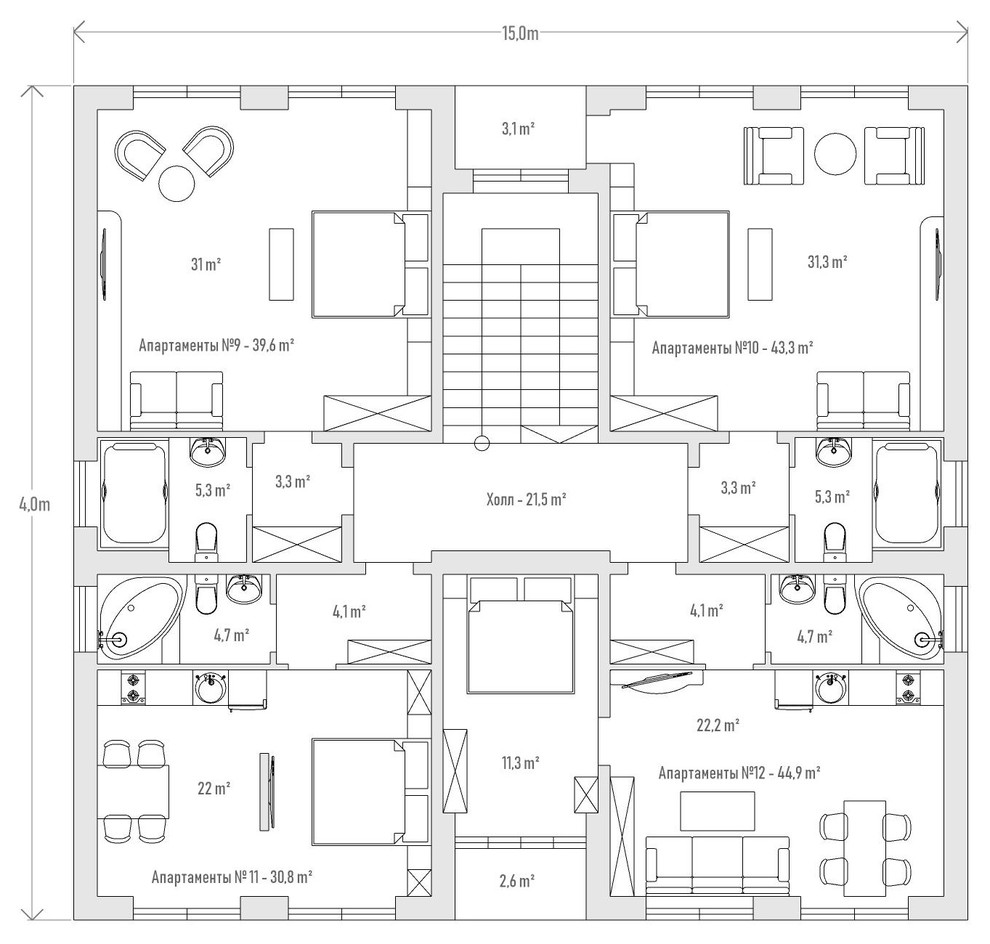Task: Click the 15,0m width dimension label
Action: (x=520, y=33)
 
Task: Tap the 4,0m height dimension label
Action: (x=34, y=504)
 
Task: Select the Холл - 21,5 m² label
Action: (x=526, y=499)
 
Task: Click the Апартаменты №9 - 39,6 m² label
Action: (x=217, y=345)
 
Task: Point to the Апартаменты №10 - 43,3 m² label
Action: (x=732, y=347)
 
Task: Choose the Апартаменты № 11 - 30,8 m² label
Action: (x=232, y=877)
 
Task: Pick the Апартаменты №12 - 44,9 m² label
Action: (x=739, y=772)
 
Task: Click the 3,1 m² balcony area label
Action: (x=518, y=129)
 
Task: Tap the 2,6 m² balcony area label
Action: (x=518, y=880)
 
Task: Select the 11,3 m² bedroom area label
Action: (x=520, y=763)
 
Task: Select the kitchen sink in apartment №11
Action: (x=210, y=687)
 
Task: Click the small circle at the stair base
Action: (x=482, y=444)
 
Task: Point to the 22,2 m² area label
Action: (x=718, y=725)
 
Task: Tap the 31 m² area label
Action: (x=206, y=264)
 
